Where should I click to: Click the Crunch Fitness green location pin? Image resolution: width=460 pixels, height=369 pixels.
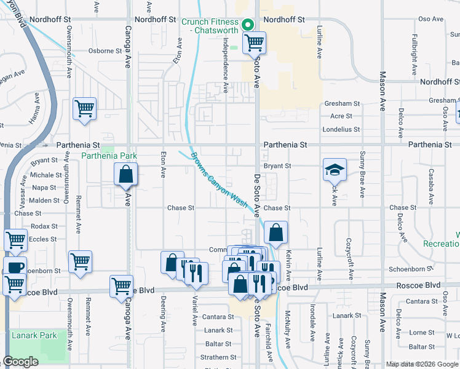tap(248, 25)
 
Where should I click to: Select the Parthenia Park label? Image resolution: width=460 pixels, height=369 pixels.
tap(109, 156)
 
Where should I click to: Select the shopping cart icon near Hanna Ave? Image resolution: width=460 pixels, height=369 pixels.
tap(84, 109)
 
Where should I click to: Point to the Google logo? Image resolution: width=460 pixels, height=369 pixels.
tap(21, 362)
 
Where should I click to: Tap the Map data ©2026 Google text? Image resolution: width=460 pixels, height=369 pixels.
tap(421, 364)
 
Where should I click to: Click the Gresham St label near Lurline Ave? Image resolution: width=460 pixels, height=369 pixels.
tap(344, 104)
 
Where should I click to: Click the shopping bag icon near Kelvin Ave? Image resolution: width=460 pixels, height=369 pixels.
tap(276, 232)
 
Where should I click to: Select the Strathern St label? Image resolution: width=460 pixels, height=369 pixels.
tap(218, 357)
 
